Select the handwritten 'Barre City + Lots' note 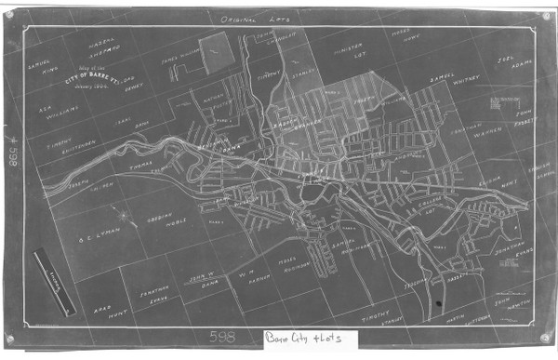300,340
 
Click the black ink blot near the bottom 437,304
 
